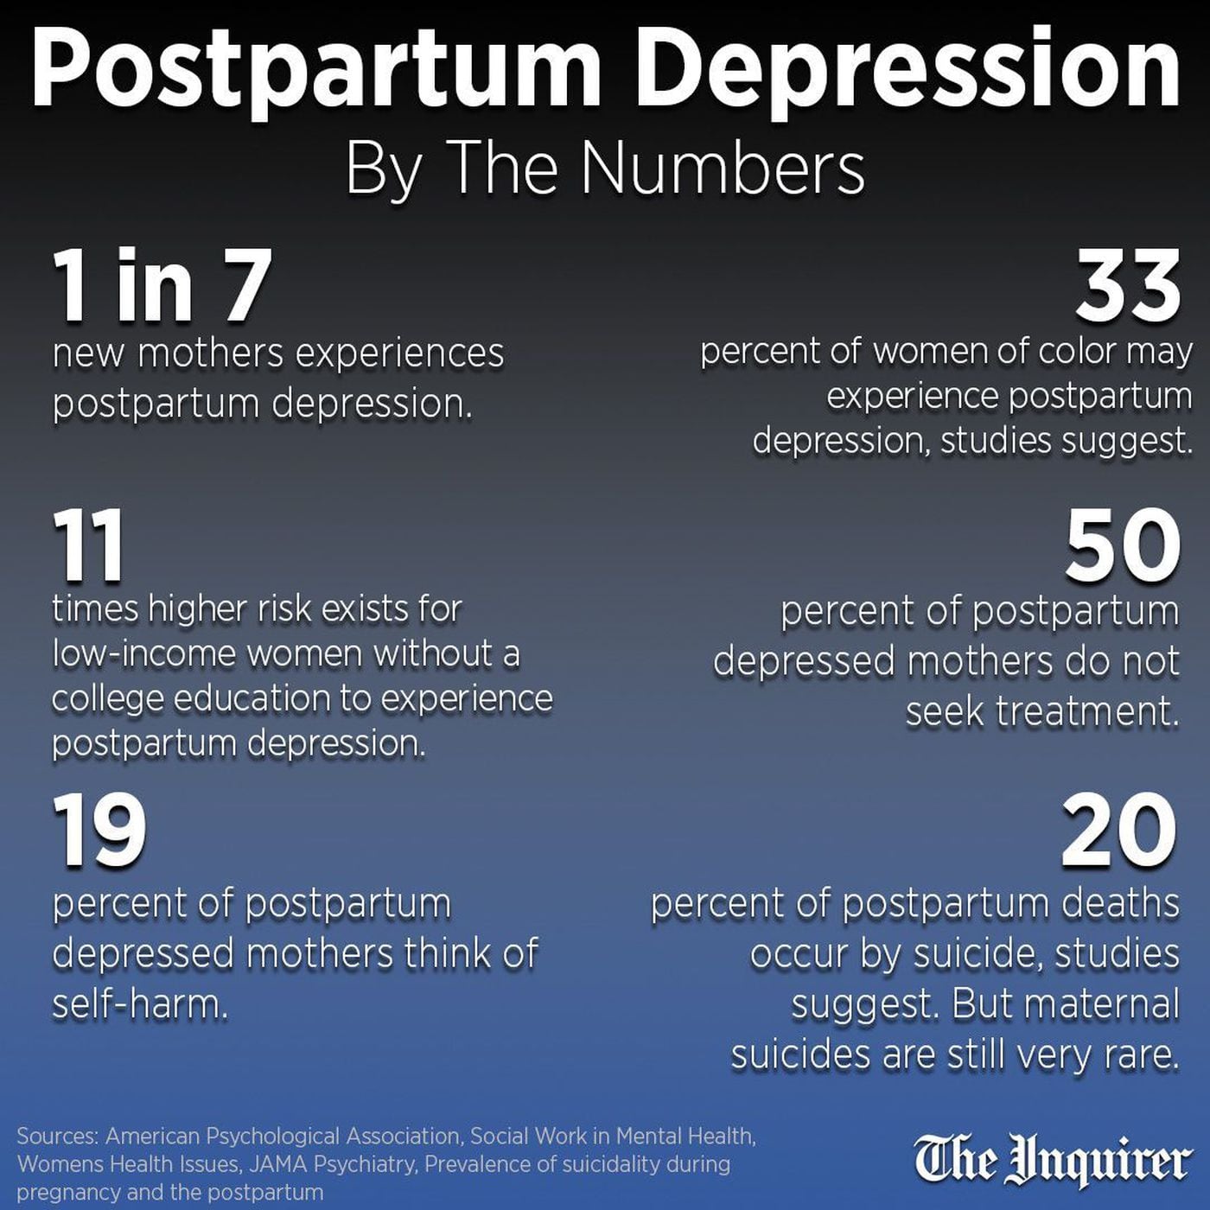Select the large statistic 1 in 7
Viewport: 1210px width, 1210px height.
[x=162, y=285]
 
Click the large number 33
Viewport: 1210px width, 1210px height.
[x=1127, y=285]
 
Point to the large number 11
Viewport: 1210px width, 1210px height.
[x=88, y=546]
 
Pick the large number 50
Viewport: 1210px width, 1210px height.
[x=1122, y=546]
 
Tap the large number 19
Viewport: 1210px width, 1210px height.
[x=99, y=831]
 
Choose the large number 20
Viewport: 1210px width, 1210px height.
[x=1119, y=831]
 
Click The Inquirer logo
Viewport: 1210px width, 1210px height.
[x=1052, y=1160]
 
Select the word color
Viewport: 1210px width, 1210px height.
[x=1075, y=352]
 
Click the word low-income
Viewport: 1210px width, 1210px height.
[x=143, y=654]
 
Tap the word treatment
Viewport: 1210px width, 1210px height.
[x=1087, y=711]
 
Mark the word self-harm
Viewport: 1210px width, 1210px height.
[x=139, y=1004]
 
